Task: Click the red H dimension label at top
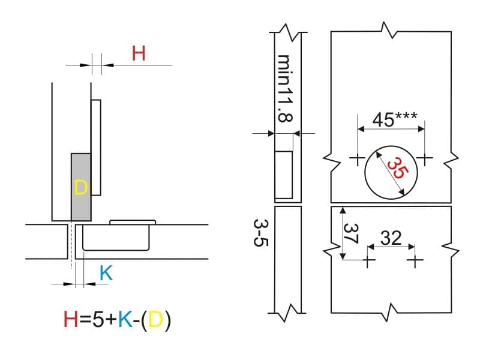pyautogui.click(x=139, y=53)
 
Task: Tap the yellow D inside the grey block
pyautogui.click(x=81, y=187)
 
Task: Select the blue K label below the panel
pyautogui.click(x=106, y=273)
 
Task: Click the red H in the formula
pyautogui.click(x=71, y=319)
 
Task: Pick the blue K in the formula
pyautogui.click(x=125, y=319)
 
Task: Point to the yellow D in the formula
pyautogui.click(x=155, y=319)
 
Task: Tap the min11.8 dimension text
pyautogui.click(x=284, y=88)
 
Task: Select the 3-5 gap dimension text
pyautogui.click(x=261, y=233)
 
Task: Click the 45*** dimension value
pyautogui.click(x=394, y=119)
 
